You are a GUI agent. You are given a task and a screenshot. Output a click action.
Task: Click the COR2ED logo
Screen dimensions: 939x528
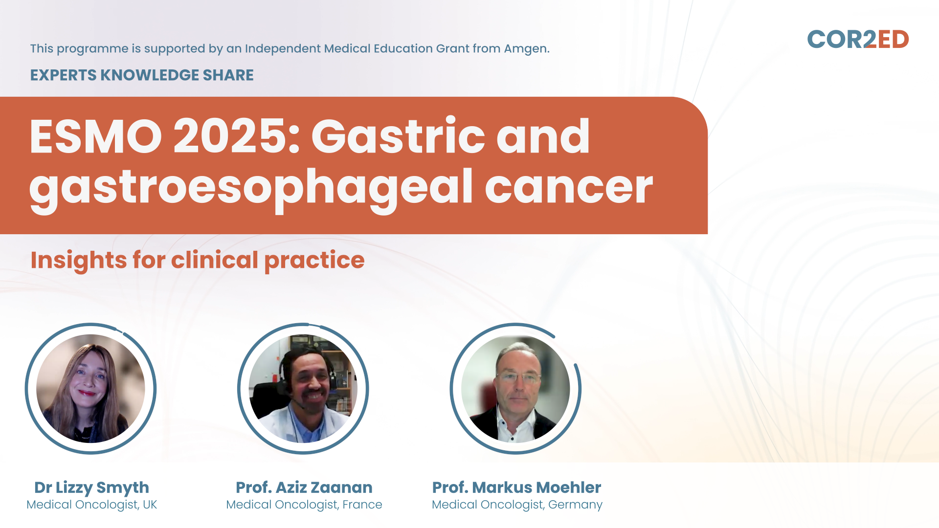pos(858,40)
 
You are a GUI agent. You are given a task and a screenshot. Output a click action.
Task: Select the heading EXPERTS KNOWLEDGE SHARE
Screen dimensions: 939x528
pos(142,75)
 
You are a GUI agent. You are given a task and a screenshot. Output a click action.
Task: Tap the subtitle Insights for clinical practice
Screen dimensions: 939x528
pos(198,260)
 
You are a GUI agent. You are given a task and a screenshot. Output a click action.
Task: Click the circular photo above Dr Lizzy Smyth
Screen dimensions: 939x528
pos(91,389)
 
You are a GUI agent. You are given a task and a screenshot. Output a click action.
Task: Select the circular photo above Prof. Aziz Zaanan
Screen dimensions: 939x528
pos(303,389)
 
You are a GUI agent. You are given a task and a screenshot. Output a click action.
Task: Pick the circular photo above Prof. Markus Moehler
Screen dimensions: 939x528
pos(515,389)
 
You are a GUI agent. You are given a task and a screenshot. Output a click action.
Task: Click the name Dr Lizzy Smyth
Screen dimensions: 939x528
pos(91,488)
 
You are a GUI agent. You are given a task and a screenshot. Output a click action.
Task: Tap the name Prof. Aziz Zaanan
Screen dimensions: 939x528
pos(304,487)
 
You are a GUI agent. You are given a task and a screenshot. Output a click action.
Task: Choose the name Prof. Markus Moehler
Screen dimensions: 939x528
pos(516,487)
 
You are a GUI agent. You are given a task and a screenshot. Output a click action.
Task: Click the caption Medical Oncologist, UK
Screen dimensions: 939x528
pos(91,505)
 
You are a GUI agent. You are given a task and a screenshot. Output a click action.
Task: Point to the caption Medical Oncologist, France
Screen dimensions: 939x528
pos(304,505)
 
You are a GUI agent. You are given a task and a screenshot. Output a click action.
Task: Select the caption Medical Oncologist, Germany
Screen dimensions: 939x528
pos(517,505)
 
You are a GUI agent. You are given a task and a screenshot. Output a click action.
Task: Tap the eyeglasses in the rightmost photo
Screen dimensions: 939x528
pos(518,377)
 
